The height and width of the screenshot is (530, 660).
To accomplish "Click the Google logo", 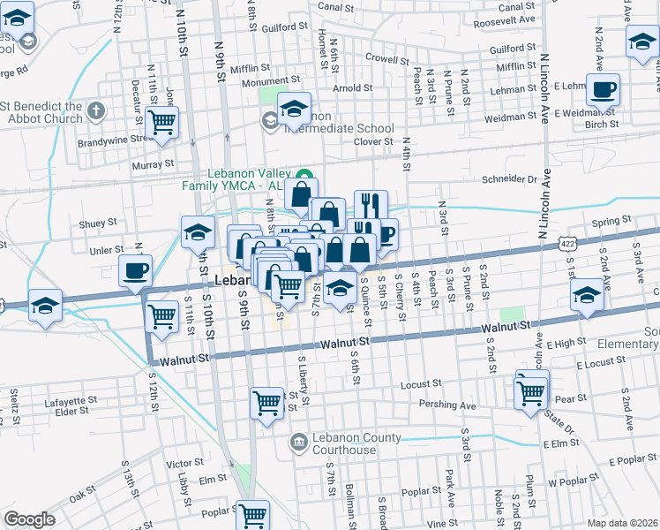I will click(x=29, y=519).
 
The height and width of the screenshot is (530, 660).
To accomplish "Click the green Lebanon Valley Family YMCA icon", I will click(x=304, y=172).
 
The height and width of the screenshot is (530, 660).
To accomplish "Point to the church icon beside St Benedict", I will click(x=96, y=111).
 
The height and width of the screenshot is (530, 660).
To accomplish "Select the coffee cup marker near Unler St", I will click(x=135, y=270).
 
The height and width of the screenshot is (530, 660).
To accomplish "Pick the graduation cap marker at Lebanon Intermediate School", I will click(x=294, y=109).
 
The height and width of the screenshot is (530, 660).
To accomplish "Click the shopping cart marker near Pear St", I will click(x=530, y=392).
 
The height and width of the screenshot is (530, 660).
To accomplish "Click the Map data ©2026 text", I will click(x=622, y=523).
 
